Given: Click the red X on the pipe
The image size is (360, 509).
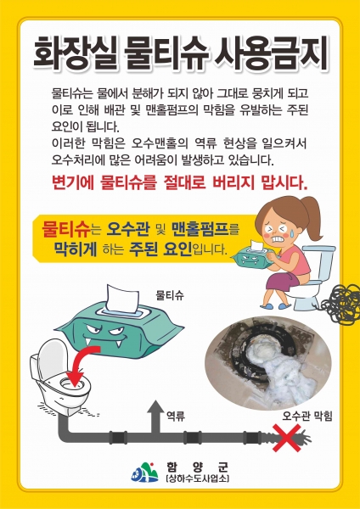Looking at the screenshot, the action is pyautogui.click(x=287, y=438).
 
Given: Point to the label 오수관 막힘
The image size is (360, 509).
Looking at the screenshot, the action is pyautogui.click(x=307, y=417).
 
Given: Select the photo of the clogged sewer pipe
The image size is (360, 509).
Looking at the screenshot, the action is pyautogui.click(x=268, y=362).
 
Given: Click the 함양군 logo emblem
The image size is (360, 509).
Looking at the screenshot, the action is pyautogui.click(x=144, y=473).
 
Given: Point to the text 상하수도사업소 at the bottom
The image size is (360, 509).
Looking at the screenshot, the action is pyautogui.click(x=197, y=478).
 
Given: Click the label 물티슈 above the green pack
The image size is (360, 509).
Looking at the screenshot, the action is pyautogui.click(x=170, y=295).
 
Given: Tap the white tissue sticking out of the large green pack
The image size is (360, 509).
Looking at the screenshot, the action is pyautogui.click(x=123, y=299).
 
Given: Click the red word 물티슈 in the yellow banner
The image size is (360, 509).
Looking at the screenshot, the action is pyautogui.click(x=66, y=229).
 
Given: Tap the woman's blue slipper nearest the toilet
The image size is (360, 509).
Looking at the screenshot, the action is pyautogui.click(x=284, y=305).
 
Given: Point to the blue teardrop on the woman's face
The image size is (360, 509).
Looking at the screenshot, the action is pyautogui.click(x=294, y=232).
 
